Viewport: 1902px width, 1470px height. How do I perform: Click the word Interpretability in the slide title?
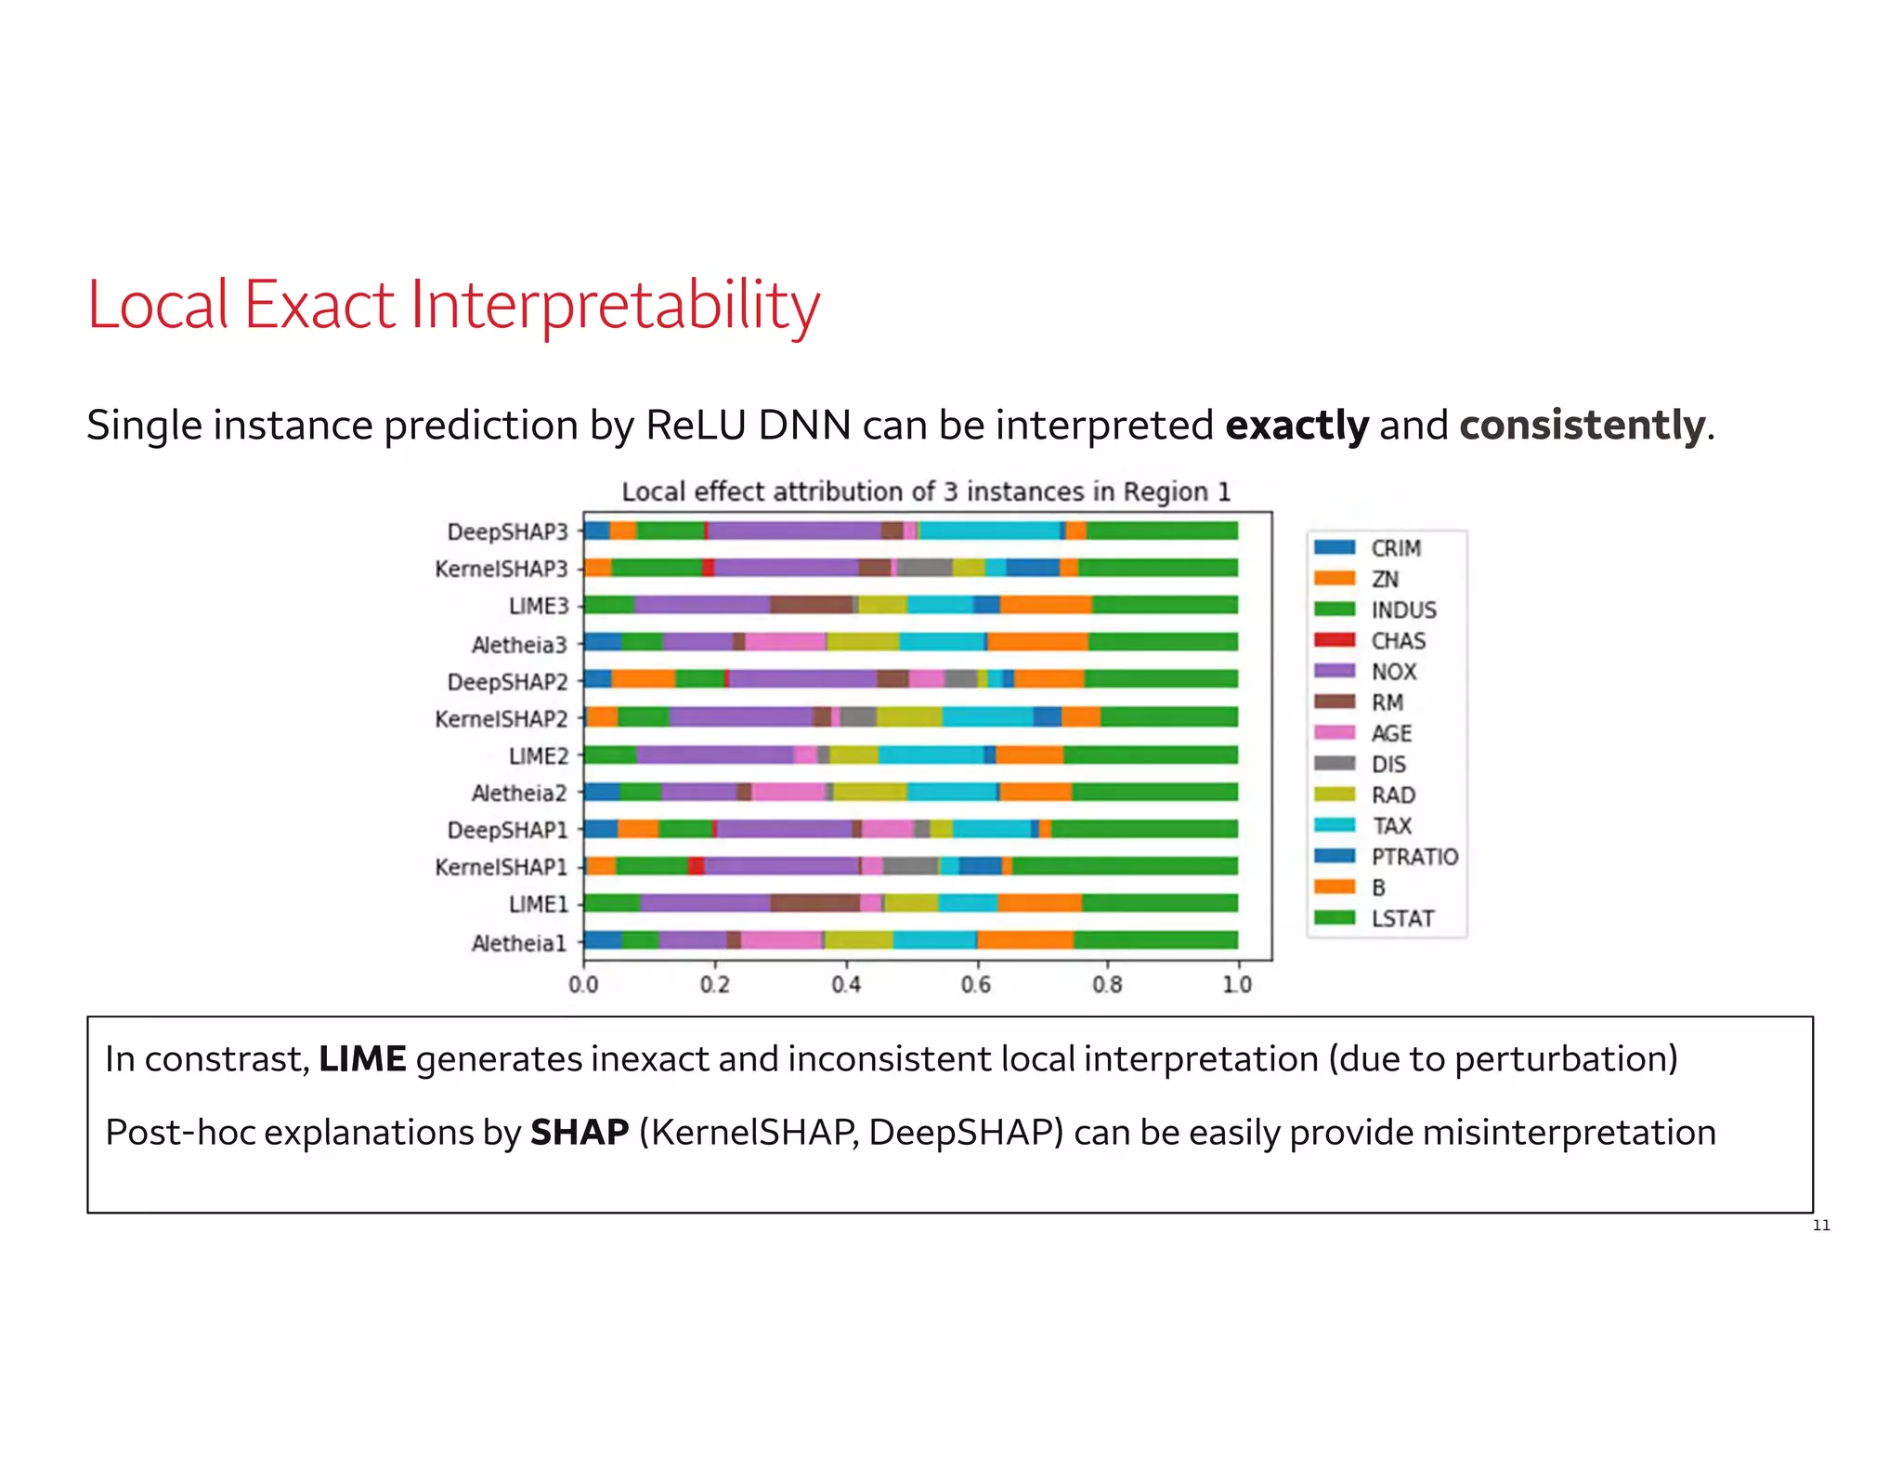click(x=615, y=307)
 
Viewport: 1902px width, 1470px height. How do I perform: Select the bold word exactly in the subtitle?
click(x=1296, y=426)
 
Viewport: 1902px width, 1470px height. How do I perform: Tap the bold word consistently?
click(x=1582, y=426)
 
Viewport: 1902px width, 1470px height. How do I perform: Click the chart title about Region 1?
click(x=925, y=492)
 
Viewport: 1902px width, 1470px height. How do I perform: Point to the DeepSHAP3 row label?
click(x=507, y=532)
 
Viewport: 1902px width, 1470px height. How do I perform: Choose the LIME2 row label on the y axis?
click(x=538, y=755)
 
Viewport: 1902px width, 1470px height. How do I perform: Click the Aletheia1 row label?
click(x=518, y=943)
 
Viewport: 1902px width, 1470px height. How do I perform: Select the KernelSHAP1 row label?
click(x=501, y=867)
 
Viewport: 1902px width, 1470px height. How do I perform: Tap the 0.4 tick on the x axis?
click(x=845, y=984)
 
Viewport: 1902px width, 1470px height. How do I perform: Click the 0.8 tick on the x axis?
click(x=1107, y=984)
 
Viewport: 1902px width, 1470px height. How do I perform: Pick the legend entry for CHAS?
click(x=1398, y=641)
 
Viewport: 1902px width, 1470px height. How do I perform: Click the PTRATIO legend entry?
click(x=1413, y=857)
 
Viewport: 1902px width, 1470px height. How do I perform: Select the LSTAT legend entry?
click(x=1402, y=918)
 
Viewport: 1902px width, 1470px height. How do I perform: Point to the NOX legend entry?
click(x=1393, y=672)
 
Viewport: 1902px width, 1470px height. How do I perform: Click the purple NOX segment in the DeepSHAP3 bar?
click(x=794, y=531)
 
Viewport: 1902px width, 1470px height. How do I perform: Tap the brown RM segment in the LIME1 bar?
click(x=814, y=903)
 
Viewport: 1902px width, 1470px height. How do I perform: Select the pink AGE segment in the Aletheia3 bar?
click(x=785, y=641)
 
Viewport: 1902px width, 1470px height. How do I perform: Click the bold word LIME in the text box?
click(x=362, y=1059)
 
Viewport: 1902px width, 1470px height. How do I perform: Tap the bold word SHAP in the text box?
click(x=580, y=1133)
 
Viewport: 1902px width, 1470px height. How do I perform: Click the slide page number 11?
click(x=1821, y=1226)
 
